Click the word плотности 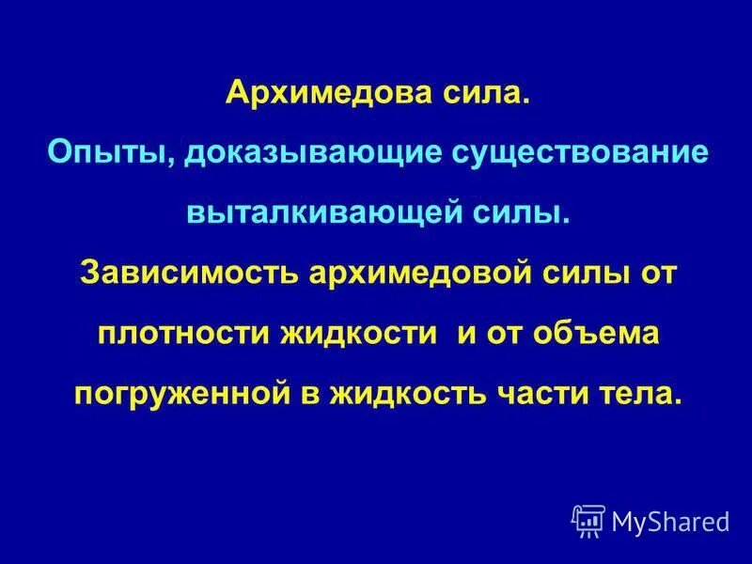178,333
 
